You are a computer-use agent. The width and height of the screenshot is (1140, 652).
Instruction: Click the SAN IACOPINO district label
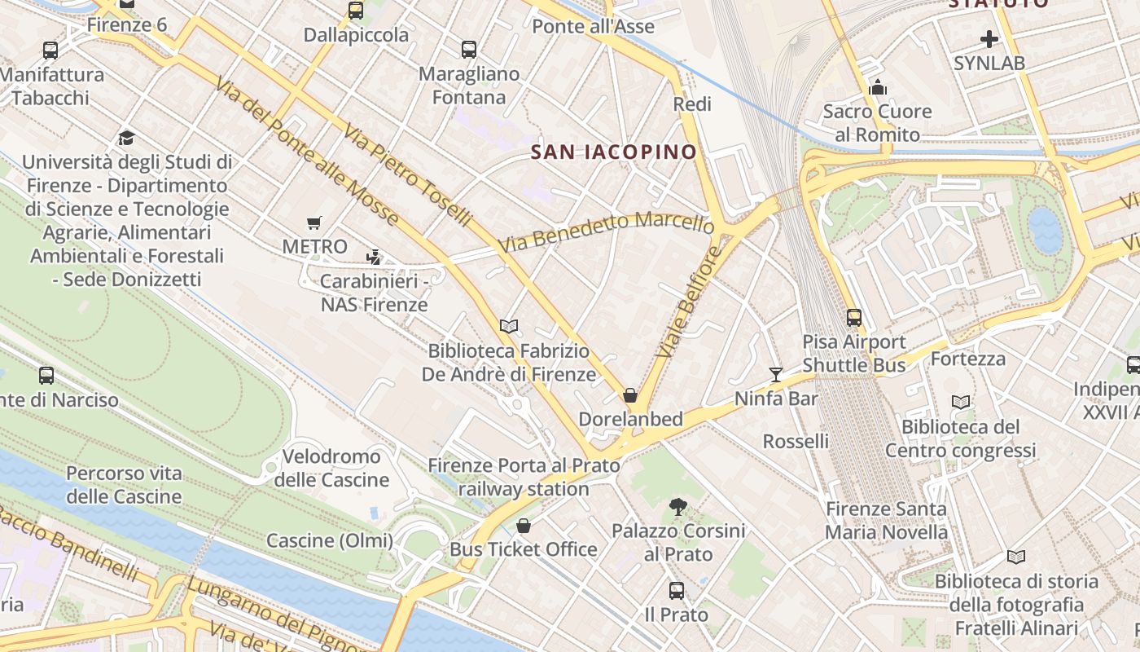tap(614, 152)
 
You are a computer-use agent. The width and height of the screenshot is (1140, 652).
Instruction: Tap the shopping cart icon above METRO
tap(314, 222)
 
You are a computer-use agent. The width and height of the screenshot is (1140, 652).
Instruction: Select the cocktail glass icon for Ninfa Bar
tap(775, 375)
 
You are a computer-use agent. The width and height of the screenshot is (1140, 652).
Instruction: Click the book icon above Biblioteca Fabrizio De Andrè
tap(509, 326)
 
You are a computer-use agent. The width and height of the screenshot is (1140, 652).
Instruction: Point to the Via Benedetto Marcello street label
tap(607, 231)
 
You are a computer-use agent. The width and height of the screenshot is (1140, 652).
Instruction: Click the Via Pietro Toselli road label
tap(407, 174)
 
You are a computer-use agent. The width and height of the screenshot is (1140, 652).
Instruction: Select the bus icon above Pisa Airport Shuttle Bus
tap(853, 318)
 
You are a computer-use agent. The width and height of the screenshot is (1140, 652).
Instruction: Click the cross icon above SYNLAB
tap(989, 38)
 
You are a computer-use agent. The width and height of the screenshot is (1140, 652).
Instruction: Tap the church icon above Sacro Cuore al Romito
tap(878, 86)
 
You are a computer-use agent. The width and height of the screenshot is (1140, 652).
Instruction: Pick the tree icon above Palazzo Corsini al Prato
tap(677, 507)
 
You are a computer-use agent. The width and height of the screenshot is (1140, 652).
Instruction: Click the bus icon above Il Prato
tap(677, 591)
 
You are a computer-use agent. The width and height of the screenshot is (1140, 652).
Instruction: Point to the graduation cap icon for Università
tap(126, 138)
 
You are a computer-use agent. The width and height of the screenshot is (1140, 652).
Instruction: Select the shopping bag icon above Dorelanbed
tap(630, 395)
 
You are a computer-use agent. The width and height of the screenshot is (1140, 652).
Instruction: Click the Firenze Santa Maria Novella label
tap(887, 521)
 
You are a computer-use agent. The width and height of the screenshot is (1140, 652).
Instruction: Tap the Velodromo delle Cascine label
tap(331, 468)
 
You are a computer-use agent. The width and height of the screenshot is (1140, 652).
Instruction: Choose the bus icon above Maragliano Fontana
tap(469, 50)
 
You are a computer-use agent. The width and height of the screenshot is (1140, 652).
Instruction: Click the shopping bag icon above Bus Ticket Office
tap(524, 526)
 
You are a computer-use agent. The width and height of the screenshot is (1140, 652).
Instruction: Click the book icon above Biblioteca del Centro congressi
tap(961, 402)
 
